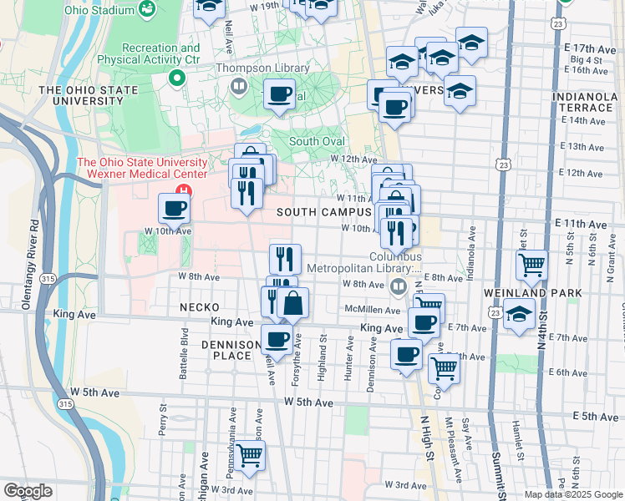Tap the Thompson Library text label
pos(263,68)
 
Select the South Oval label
pos(317,141)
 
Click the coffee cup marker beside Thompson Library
pos(279,94)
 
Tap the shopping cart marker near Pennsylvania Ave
pos(250,456)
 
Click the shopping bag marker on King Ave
pos(293,303)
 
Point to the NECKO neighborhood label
pos(199,307)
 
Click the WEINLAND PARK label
pos(521,294)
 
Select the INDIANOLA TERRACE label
pos(583,103)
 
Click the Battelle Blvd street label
pos(184,353)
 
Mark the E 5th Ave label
pos(595,417)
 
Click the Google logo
pos(28,491)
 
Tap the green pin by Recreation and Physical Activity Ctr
pos(176,78)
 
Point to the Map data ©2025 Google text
pos(572,494)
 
